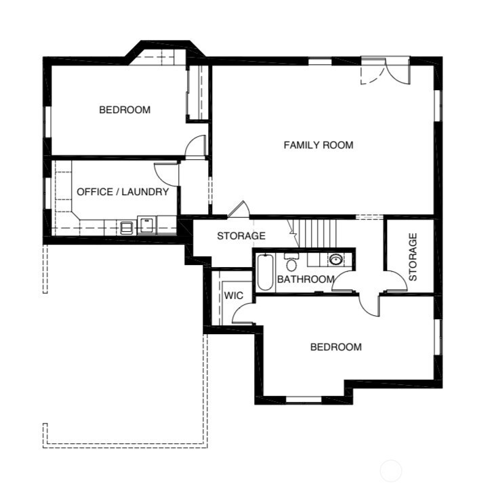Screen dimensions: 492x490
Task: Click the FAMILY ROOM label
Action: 319,145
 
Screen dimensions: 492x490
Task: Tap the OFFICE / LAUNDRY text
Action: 123,192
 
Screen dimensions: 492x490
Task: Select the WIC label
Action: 233,295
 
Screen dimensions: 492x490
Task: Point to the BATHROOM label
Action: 306,279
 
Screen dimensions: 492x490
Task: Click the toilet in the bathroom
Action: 291,262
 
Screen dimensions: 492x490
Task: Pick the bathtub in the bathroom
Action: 265,272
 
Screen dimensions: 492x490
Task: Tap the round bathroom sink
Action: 335,260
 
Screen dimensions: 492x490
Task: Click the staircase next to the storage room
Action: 317,233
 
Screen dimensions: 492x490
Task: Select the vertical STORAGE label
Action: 413,257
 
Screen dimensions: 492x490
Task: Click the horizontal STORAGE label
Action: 241,236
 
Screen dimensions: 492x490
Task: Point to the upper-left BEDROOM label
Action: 125,110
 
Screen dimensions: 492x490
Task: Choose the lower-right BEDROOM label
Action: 335,347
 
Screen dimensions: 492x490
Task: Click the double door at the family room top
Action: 386,70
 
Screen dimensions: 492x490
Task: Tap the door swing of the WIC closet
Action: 242,313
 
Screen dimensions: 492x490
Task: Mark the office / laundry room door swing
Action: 166,174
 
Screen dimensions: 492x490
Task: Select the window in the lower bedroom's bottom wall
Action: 304,399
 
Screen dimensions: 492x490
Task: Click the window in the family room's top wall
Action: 320,61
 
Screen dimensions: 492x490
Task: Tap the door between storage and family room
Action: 238,209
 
